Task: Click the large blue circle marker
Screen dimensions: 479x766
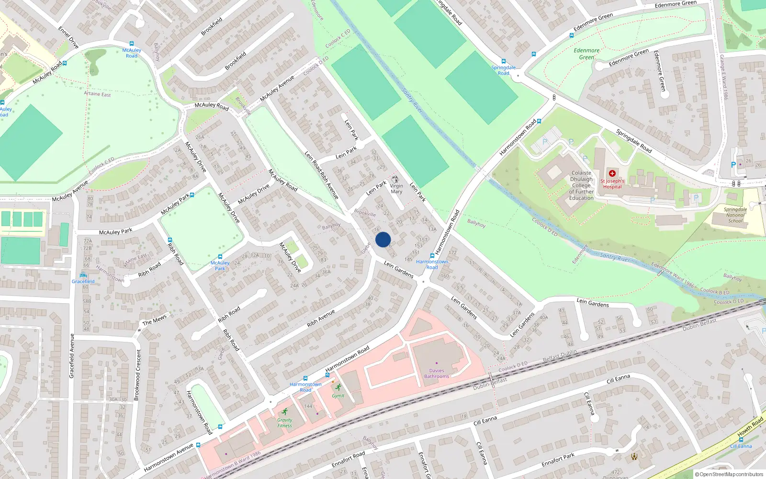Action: coord(383,239)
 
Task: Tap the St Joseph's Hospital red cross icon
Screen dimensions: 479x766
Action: coord(612,173)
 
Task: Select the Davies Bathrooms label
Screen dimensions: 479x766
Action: coord(437,374)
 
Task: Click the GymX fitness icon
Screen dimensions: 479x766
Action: coord(338,387)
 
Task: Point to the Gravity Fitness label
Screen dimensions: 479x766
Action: coord(284,422)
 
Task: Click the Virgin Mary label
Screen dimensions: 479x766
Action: coord(396,189)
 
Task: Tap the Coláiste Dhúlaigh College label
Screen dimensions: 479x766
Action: coord(581,185)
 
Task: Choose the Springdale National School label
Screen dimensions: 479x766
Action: coord(735,215)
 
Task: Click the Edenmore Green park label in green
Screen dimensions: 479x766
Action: coord(586,54)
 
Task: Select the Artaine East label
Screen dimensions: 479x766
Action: coord(98,94)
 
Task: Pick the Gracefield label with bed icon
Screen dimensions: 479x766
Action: coord(83,281)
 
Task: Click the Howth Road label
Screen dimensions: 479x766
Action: coord(750,427)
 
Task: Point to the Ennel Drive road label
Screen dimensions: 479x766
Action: coord(68,37)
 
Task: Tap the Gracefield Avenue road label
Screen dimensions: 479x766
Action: coord(72,356)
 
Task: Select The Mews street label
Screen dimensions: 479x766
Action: coord(154,319)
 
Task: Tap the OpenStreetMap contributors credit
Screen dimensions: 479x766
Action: coord(729,475)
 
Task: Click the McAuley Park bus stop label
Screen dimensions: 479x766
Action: coord(220,265)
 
